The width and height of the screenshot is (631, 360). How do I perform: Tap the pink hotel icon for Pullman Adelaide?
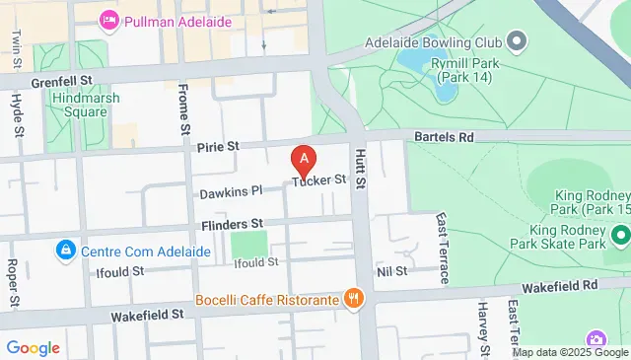coord(109,18)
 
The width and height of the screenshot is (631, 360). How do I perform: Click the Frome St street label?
coord(184,108)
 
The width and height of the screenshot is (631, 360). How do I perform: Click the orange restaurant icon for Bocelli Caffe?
coord(352,298)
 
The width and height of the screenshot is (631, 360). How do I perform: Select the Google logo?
coord(33,347)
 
